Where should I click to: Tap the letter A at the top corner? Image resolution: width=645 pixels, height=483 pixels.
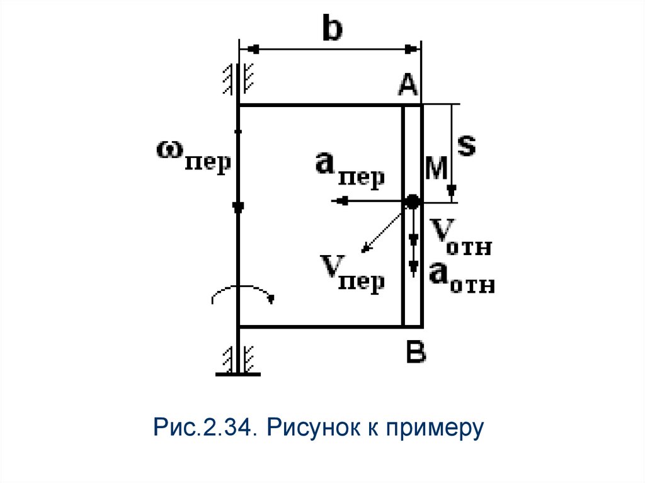point(408,84)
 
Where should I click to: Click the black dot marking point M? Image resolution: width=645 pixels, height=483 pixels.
point(412,202)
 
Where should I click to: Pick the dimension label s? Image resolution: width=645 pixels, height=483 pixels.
point(465,145)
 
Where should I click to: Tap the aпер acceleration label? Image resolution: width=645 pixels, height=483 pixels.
point(350,169)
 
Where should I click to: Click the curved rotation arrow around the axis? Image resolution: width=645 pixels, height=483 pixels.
point(243,293)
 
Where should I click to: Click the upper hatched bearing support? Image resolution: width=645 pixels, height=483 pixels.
point(237,79)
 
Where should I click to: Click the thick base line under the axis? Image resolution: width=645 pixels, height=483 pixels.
point(237,375)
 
